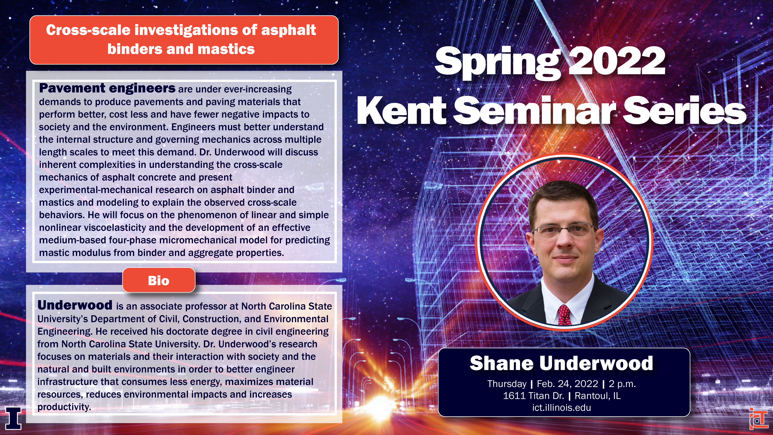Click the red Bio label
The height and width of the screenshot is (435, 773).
(159, 280)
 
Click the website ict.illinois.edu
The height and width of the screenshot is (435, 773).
(561, 408)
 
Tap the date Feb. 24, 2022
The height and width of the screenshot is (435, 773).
(567, 384)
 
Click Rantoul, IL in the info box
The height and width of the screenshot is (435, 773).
(597, 396)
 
